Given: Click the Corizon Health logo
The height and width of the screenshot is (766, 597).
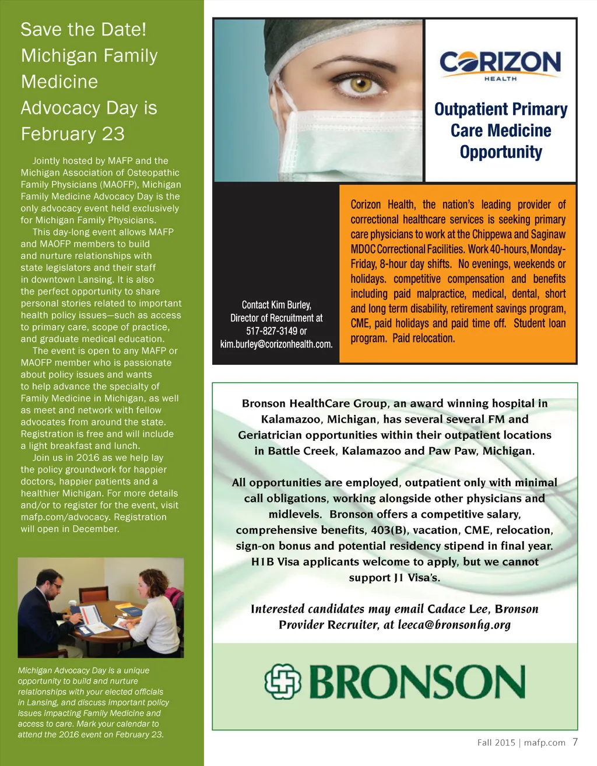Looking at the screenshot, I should [x=500, y=64].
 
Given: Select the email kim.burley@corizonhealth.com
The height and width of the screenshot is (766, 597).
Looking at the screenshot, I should [x=276, y=344].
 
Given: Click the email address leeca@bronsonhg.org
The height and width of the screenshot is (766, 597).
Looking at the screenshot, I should [x=454, y=625].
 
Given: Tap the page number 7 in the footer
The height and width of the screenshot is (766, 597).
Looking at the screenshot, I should [x=575, y=742].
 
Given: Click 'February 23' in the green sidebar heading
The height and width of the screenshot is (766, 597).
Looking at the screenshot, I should [x=73, y=134].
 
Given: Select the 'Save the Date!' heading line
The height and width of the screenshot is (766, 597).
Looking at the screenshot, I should [x=83, y=30].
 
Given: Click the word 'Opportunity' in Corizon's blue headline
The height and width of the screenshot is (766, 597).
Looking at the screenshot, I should [x=501, y=152].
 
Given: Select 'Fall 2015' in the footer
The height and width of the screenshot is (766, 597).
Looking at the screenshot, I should [x=496, y=743].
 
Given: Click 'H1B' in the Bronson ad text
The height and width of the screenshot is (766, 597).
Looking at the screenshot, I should [x=262, y=562].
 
